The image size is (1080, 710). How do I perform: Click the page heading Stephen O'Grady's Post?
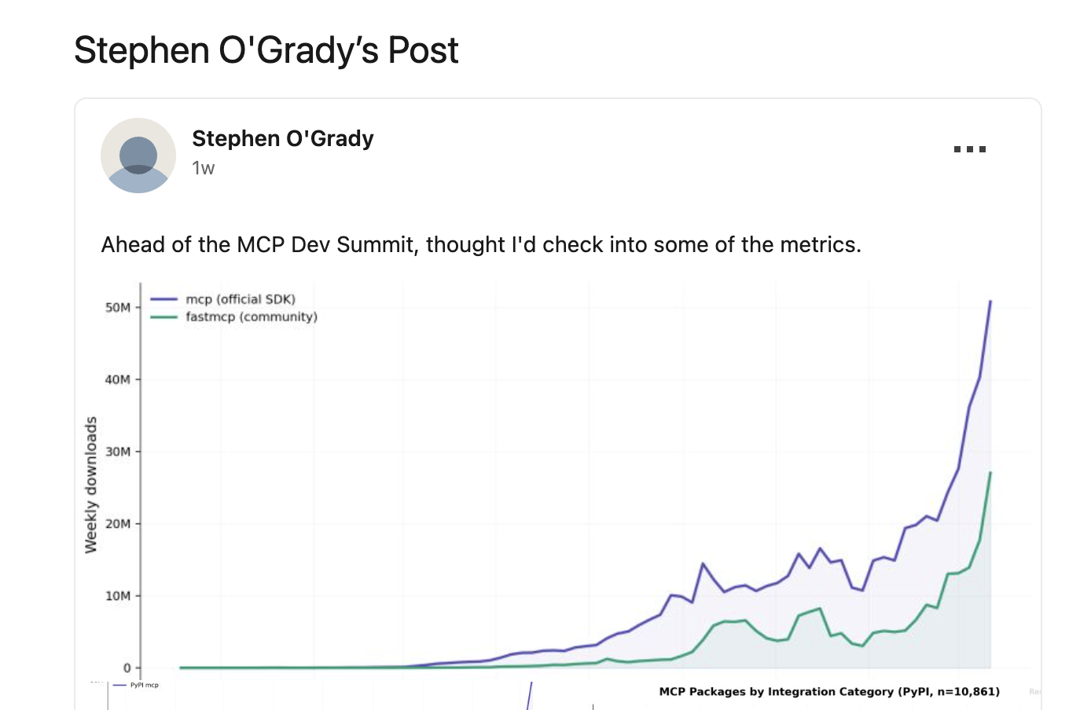pyautogui.click(x=266, y=50)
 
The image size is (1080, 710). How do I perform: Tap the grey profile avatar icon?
pyautogui.click(x=138, y=156)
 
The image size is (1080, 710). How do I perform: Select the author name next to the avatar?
pyautogui.click(x=282, y=139)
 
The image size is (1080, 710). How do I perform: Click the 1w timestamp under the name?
pyautogui.click(x=203, y=168)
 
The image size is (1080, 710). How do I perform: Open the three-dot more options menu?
pyautogui.click(x=969, y=149)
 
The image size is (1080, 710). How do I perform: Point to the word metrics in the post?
pyautogui.click(x=819, y=245)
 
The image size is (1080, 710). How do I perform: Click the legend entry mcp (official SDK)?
pyautogui.click(x=240, y=299)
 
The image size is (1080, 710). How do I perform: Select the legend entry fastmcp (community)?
pyautogui.click(x=251, y=317)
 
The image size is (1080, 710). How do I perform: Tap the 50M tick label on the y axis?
pyautogui.click(x=118, y=307)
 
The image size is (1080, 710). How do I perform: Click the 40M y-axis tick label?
pyautogui.click(x=118, y=379)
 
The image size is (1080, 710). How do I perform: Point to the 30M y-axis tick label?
pyautogui.click(x=118, y=452)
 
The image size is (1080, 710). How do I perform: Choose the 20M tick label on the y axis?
pyautogui.click(x=118, y=524)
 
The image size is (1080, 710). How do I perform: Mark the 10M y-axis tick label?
pyautogui.click(x=118, y=596)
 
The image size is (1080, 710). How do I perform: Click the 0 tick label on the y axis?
pyautogui.click(x=127, y=668)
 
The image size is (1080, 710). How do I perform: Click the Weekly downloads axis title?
pyautogui.click(x=91, y=485)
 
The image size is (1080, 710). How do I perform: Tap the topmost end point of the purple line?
pyautogui.click(x=990, y=301)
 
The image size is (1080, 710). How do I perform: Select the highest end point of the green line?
pyautogui.click(x=990, y=473)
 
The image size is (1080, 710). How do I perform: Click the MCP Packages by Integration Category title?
pyautogui.click(x=828, y=692)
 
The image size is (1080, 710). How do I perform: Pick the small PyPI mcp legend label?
pyautogui.click(x=144, y=685)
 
